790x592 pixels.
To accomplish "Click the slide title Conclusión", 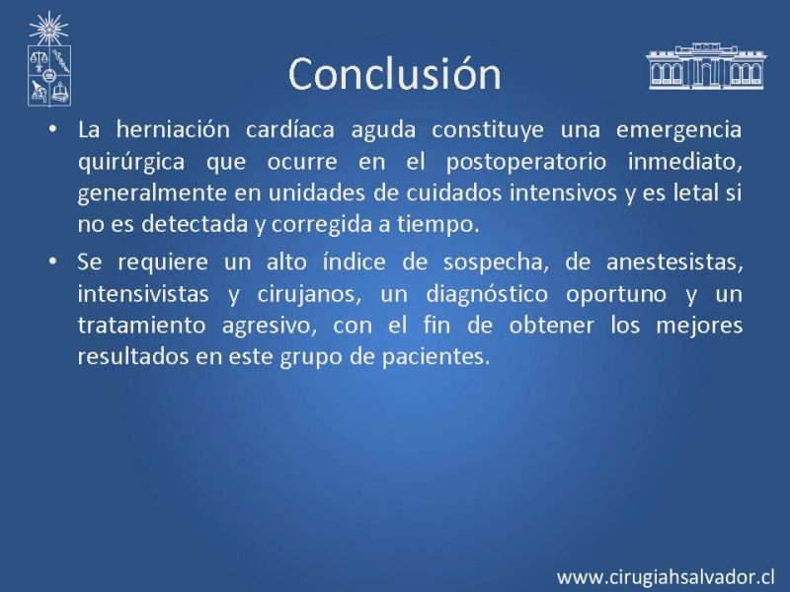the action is coord(395,74).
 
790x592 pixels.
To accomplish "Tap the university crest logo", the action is coord(48,59).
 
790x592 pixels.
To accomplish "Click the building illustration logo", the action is coord(706,66).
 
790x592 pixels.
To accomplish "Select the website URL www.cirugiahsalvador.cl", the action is coord(666,576).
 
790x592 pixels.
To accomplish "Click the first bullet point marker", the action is coord(52,129).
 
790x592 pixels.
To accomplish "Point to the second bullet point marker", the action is coord(52,261).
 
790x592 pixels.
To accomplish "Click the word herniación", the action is coord(173,129).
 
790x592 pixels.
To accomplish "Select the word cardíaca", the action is coord(290,129).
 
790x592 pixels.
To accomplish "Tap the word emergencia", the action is coord(679,130).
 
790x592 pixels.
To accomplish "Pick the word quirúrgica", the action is coord(131,163).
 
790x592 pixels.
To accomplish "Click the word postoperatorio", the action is coord(526,163).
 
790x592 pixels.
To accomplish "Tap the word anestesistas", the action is coord(674,262).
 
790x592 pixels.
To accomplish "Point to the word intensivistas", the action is coord(143,294).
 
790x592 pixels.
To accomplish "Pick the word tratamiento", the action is coord(142,326).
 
